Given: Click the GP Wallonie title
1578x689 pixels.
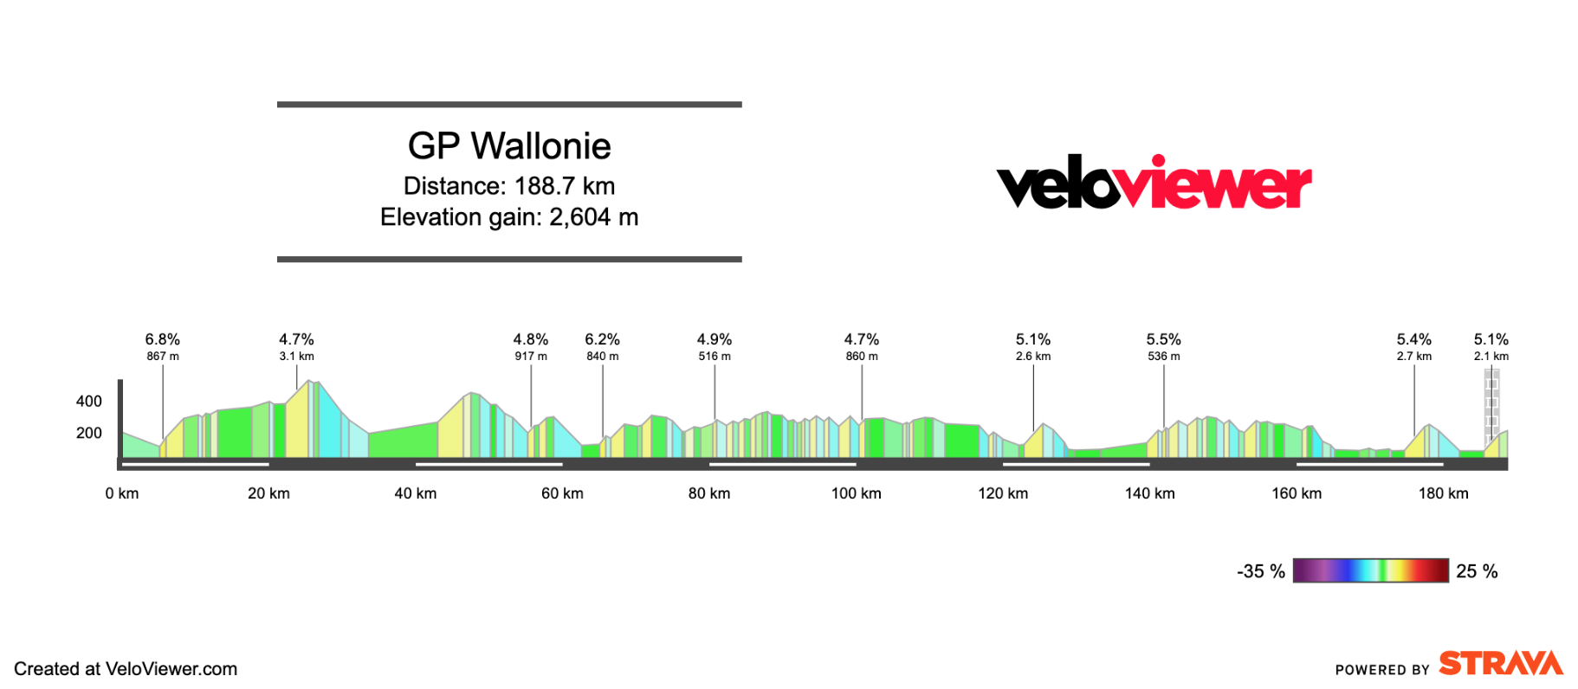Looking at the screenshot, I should (509, 146).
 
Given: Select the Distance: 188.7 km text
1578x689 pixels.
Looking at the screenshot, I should (509, 186).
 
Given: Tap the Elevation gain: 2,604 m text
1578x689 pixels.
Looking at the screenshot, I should (509, 217).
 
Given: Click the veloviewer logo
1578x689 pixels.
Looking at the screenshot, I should (1154, 183).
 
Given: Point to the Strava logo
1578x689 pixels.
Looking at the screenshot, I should (1500, 664).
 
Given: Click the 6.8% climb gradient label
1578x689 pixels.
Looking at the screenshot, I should (163, 339).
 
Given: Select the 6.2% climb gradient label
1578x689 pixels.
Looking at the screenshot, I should (602, 339).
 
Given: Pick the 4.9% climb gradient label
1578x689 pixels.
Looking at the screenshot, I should (715, 339).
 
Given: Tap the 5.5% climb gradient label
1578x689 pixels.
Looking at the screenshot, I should (1163, 339).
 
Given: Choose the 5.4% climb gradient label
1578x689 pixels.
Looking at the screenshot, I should (1413, 339).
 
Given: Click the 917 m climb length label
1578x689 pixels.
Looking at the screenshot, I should (531, 357).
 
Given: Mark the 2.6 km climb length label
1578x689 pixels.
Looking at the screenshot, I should (1033, 357).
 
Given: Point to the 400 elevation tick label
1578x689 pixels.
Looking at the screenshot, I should (89, 402).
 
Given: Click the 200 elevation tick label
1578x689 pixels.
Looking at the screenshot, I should (89, 433).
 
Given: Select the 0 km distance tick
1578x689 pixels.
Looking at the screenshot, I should (122, 493).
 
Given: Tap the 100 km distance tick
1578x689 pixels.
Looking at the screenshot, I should (856, 493).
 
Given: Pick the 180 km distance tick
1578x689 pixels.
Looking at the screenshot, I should (1443, 493).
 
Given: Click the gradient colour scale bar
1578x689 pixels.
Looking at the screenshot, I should (1370, 570).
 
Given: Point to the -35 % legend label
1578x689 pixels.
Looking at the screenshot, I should (1260, 571).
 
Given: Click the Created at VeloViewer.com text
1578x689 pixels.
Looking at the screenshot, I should (126, 669).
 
